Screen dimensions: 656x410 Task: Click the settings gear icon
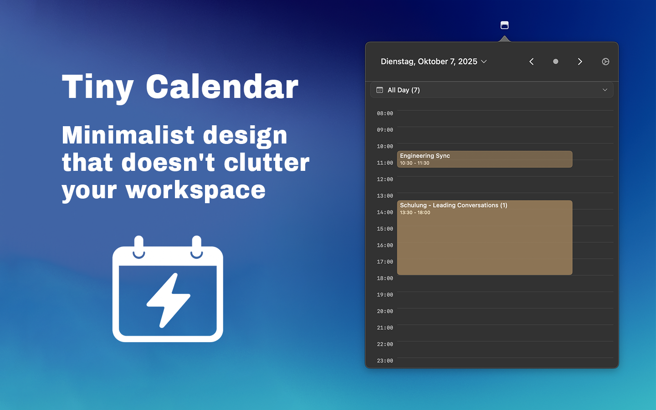[x=605, y=61]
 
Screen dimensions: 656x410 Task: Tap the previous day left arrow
[x=532, y=61]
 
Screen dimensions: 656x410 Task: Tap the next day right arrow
[x=580, y=61]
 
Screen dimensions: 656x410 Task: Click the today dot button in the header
[x=556, y=61]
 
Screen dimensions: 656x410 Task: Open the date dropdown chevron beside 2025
[x=484, y=61]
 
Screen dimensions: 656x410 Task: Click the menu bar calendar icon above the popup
[x=504, y=25]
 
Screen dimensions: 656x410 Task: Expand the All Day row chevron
[x=605, y=90]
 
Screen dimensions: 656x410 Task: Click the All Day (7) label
[x=404, y=90]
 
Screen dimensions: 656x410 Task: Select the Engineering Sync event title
[x=425, y=156]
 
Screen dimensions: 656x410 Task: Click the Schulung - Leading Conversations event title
[x=454, y=205]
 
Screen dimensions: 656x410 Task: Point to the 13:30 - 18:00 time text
[x=415, y=213]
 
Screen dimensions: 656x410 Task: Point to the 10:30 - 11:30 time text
[x=415, y=163]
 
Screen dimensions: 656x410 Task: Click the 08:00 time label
[x=385, y=113]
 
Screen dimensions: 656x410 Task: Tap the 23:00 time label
[x=385, y=361]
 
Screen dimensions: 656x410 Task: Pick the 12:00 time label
[x=385, y=179]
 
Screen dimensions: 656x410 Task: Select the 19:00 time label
[x=385, y=295]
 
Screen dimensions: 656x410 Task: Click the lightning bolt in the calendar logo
[x=169, y=300]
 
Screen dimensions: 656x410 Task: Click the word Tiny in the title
[x=98, y=87]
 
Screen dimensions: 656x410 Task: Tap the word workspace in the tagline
[x=195, y=190]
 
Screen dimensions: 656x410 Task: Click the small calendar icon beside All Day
[x=379, y=90]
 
